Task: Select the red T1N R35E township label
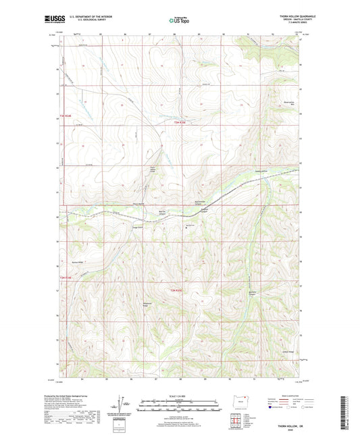click(x=177, y=290)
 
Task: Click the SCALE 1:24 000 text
click(x=180, y=395)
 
